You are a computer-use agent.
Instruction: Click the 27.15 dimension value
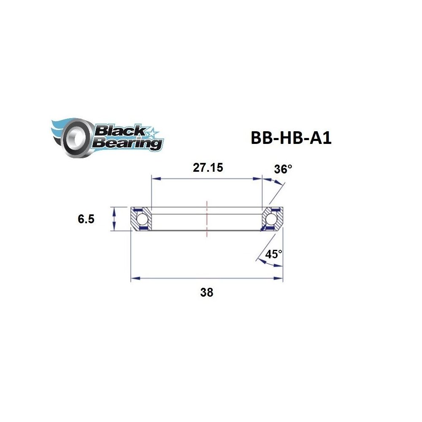coord(208,168)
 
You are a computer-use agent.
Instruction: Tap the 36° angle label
coord(283,170)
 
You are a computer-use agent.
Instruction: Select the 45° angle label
coord(273,254)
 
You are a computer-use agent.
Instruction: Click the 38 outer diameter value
coord(207,292)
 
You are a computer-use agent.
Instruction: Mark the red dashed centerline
coord(207,219)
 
